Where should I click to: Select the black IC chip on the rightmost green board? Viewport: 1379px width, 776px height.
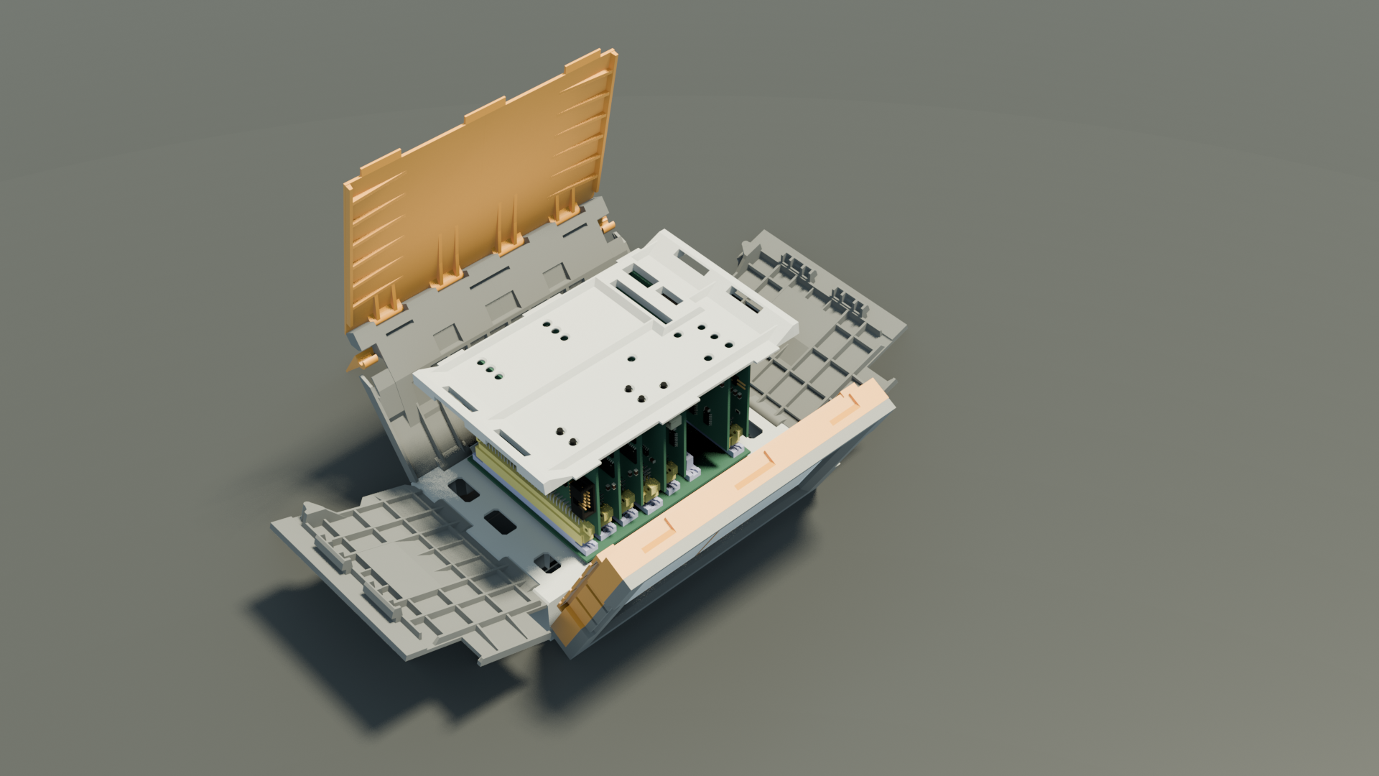(707, 413)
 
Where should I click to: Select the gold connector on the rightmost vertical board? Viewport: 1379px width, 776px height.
(734, 434)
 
